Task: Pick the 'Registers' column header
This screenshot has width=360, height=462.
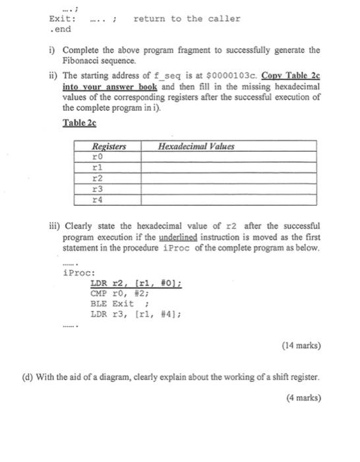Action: coord(108,146)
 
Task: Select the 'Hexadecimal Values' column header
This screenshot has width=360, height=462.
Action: coord(196,146)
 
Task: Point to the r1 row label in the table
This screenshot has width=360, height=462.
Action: coord(97,168)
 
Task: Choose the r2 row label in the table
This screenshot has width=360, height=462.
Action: coord(97,178)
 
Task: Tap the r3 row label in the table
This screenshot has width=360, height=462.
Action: coord(97,188)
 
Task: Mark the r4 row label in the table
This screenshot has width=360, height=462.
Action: coord(97,198)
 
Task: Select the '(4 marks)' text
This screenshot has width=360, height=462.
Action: coord(303,397)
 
